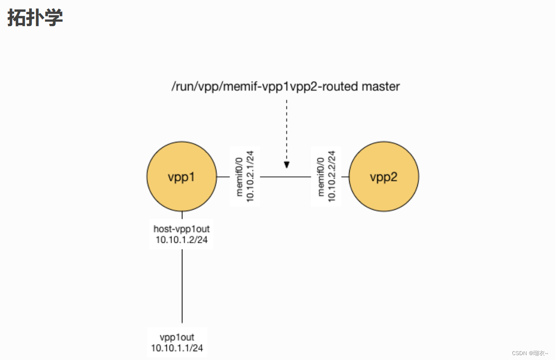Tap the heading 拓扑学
(35, 18)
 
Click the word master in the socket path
(381, 86)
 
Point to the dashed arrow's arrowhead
(287, 165)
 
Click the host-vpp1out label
(181, 229)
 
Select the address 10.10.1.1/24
(177, 348)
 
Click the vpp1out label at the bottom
(177, 337)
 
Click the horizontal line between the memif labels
(285, 177)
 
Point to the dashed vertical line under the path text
(287, 128)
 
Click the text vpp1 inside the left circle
(181, 177)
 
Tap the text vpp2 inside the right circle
(384, 177)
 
